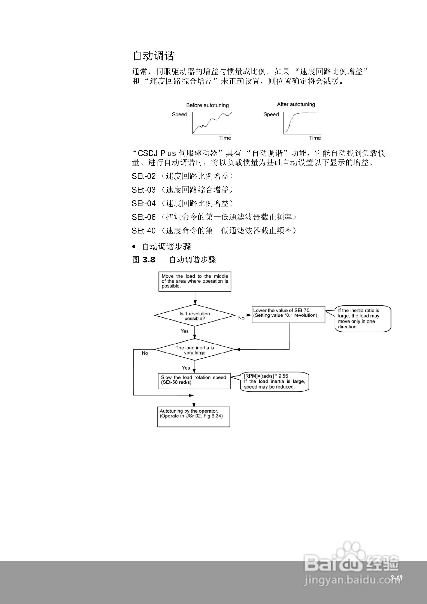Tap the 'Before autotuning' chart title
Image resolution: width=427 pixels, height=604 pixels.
207,105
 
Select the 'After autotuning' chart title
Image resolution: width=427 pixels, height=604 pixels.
296,104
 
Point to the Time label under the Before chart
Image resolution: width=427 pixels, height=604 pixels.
225,138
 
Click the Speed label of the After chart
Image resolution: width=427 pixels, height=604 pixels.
271,114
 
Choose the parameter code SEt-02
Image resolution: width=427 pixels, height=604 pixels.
144,176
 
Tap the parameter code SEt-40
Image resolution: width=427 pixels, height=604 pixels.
144,231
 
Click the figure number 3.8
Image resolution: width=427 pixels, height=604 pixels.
149,260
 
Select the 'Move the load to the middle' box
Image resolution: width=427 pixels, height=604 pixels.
195,281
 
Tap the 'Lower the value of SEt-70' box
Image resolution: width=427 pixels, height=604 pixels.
288,314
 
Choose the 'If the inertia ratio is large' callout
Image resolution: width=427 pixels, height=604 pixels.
363,318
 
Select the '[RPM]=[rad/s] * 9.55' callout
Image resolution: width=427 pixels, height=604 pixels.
274,382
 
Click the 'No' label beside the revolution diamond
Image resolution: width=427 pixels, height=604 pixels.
241,318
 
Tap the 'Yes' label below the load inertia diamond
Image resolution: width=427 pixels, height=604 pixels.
186,368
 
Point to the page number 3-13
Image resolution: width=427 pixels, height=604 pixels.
396,578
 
